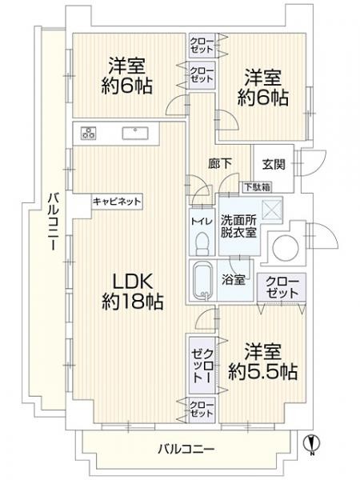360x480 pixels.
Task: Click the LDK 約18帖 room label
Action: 132,291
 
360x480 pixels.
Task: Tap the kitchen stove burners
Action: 89,133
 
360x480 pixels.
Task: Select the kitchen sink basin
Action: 135,133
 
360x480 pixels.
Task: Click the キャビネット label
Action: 117,202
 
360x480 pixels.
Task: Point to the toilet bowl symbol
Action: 202,244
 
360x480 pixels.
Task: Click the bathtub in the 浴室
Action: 202,281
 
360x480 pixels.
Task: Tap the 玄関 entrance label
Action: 274,164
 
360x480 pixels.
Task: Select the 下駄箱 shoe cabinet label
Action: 258,187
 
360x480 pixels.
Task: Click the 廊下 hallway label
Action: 219,164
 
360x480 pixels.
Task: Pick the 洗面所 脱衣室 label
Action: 238,226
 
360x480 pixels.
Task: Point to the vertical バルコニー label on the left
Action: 54,222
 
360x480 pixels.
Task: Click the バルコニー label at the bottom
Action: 186,450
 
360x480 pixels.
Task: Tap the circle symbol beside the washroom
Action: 286,248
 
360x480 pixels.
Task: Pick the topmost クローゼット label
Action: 202,45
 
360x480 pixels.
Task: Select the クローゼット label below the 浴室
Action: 282,287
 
